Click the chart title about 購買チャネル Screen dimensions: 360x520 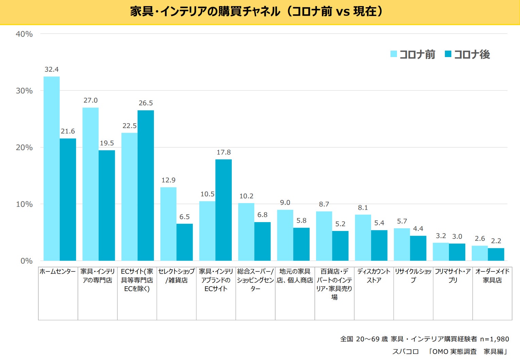(x=257, y=12)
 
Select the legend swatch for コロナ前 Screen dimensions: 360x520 (x=394, y=54)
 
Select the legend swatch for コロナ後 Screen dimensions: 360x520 (x=448, y=54)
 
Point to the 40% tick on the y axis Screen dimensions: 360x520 (x=24, y=34)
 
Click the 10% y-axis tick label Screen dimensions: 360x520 (x=24, y=204)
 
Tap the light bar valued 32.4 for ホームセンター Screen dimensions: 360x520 (x=52, y=168)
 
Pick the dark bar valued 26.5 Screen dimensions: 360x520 (x=146, y=185)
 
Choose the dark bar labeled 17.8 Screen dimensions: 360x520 (x=224, y=210)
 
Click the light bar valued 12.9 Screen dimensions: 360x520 (x=168, y=224)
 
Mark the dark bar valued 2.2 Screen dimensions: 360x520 (x=496, y=254)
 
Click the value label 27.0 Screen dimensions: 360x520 (x=90, y=101)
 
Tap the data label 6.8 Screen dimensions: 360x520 (x=262, y=215)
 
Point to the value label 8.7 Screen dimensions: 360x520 (x=324, y=204)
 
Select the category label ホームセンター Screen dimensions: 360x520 (x=58, y=271)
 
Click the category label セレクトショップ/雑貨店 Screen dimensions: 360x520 (x=176, y=276)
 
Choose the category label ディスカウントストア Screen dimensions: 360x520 (x=374, y=276)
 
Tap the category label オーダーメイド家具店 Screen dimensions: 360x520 (x=492, y=276)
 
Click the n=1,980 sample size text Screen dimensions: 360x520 (x=495, y=339)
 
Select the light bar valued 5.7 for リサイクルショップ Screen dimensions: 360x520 (x=402, y=245)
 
